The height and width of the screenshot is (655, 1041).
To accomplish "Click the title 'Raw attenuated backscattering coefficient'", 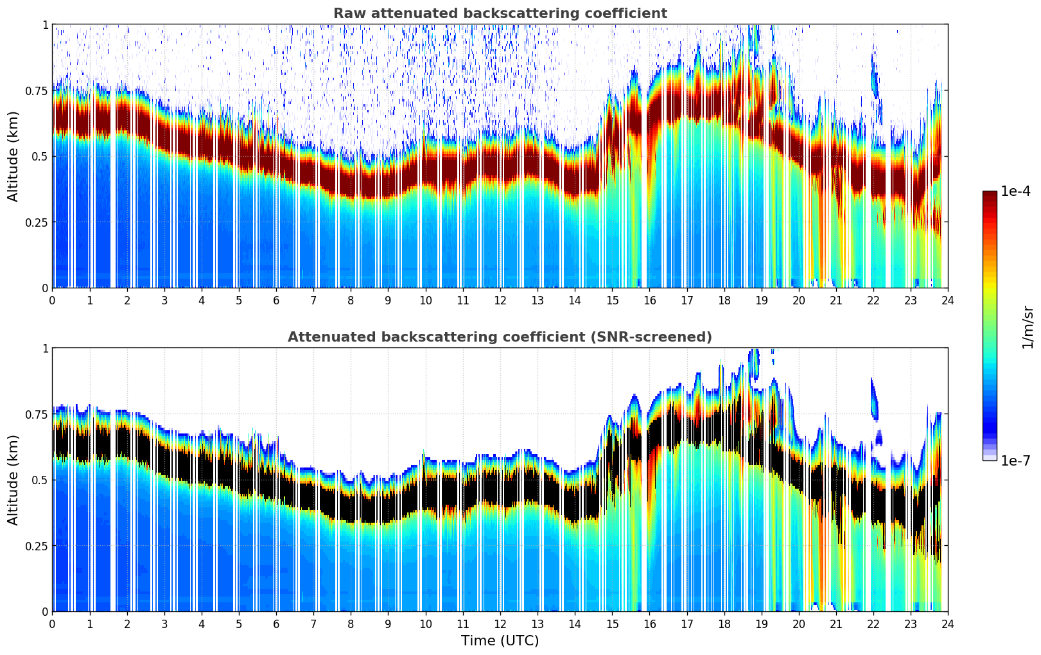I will (x=500, y=13).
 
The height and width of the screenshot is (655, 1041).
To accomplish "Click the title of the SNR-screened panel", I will (x=500, y=337).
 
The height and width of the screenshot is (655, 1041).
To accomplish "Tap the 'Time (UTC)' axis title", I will (x=500, y=641).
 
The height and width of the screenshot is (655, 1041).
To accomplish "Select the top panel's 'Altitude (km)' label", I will (x=13, y=156).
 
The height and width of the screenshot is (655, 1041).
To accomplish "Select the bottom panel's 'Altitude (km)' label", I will (x=13, y=480).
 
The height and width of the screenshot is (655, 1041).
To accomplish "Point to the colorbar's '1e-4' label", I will (x=1015, y=191).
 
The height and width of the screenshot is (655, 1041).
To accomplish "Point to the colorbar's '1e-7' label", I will (x=1015, y=461).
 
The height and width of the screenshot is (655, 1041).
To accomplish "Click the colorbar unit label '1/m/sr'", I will (x=1028, y=327).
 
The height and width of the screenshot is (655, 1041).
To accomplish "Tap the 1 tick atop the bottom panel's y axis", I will (x=45, y=349).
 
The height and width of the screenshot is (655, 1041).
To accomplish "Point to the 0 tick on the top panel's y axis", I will (x=45, y=288).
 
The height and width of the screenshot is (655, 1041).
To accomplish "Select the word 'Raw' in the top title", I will (x=347, y=13).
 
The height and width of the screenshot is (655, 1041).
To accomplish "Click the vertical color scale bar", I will (x=989, y=326).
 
